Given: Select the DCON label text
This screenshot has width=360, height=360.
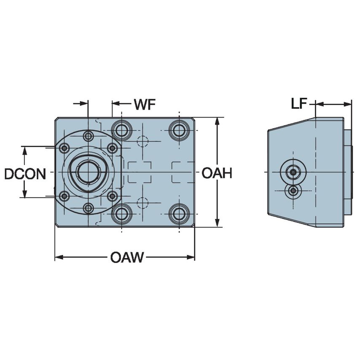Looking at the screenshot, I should pyautogui.click(x=25, y=174).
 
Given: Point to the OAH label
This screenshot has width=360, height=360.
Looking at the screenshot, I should pyautogui.click(x=217, y=173).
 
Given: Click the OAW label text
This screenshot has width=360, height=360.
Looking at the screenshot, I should pyautogui.click(x=127, y=257).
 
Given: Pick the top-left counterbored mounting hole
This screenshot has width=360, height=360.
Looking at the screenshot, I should pyautogui.click(x=122, y=130).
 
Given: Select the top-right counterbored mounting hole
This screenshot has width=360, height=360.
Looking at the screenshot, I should pyautogui.click(x=179, y=130).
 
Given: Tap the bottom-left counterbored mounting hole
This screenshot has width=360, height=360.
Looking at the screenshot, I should pyautogui.click(x=122, y=214).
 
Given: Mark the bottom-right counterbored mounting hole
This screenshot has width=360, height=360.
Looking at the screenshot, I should pyautogui.click(x=179, y=214).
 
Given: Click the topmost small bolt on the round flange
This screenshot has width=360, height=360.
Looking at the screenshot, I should pyautogui.click(x=88, y=136).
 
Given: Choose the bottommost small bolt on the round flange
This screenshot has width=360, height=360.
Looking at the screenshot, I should pyautogui.click(x=88, y=208).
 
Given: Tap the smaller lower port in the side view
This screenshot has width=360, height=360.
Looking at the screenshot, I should pyautogui.click(x=293, y=192).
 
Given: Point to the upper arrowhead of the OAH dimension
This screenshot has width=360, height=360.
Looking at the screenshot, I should pyautogui.click(x=217, y=121).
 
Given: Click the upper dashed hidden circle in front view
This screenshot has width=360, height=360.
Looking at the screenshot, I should pyautogui.click(x=143, y=141).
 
